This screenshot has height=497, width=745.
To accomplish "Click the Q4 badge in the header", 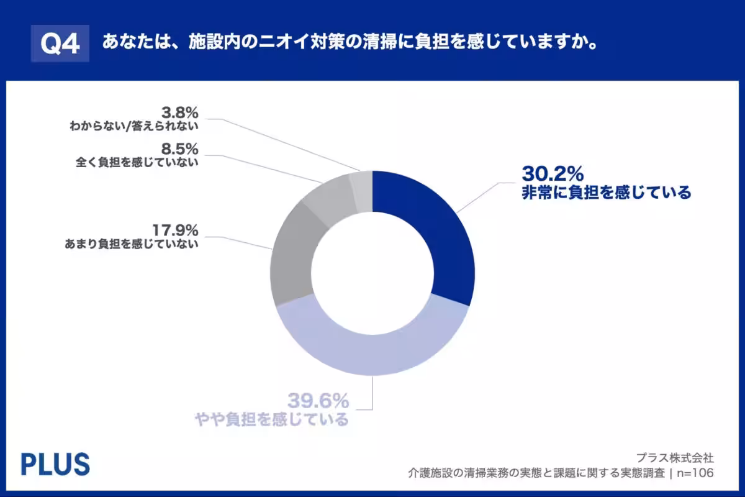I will pos(60,43).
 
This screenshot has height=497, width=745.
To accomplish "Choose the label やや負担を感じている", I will pos(270,419).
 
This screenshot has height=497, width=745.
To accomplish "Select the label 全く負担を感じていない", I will pos(136,163).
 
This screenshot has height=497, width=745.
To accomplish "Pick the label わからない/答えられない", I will pos(133,127).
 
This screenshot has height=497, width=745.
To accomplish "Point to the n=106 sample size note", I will pos(695,473).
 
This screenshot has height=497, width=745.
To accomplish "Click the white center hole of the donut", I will pos(372,273).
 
